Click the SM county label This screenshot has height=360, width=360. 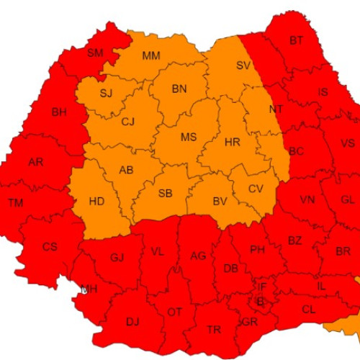[x=95, y=53]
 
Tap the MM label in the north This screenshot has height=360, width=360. [x=151, y=55]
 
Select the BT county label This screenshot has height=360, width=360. [x=296, y=40]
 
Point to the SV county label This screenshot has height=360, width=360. [x=243, y=66]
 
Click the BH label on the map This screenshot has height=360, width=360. [x=58, y=112]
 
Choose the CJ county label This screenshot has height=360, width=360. [x=128, y=122]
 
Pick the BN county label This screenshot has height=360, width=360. [x=179, y=89]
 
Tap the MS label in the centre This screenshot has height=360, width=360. [x=188, y=138]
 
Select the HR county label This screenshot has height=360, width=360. [x=233, y=142]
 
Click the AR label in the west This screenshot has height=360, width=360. [x=36, y=162]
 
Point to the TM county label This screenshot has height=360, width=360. [x=16, y=202]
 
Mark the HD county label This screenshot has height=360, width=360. [x=96, y=202]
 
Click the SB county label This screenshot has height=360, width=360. [x=165, y=194]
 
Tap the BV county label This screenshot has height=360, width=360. [x=220, y=201]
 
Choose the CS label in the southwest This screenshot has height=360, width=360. [x=50, y=247]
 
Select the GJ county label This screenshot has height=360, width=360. [x=117, y=257]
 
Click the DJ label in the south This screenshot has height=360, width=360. [x=132, y=322]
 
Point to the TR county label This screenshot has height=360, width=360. [x=214, y=329]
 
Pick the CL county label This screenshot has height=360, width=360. [x=308, y=310]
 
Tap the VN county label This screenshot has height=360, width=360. [x=307, y=199]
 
